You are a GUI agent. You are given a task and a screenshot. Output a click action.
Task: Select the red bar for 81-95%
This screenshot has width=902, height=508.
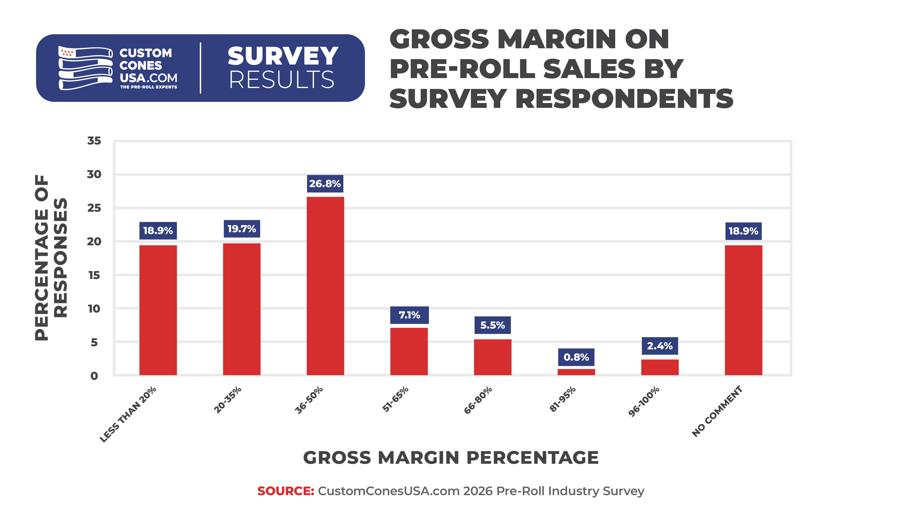[576, 372]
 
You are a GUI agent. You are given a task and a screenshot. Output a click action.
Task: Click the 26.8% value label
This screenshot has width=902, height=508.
[325, 184]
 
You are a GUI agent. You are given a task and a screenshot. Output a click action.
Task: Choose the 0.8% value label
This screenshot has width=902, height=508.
[576, 357]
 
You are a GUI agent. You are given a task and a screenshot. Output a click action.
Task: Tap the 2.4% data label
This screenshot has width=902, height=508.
[660, 346]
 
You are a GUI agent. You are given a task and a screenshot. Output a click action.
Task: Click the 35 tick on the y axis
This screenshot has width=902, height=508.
[94, 141]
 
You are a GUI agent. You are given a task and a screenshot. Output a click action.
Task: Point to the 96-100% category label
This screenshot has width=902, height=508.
[644, 401]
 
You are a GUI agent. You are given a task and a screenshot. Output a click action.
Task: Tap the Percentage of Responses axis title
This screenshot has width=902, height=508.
[51, 258]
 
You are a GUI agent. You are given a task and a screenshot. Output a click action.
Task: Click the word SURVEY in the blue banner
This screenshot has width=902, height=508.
[282, 56]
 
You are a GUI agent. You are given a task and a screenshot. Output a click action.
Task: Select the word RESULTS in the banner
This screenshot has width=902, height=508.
[282, 80]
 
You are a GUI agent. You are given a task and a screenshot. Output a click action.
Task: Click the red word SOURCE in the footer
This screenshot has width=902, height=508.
[286, 491]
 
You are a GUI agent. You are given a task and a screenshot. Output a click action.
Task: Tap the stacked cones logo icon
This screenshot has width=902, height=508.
[85, 68]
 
